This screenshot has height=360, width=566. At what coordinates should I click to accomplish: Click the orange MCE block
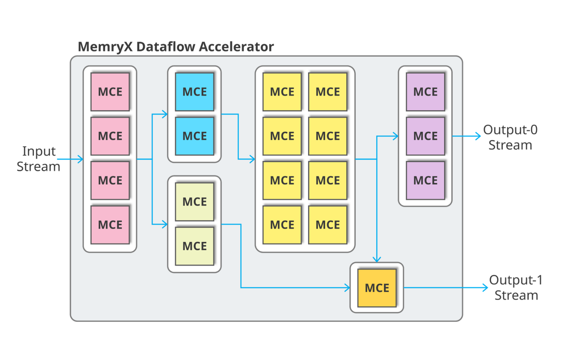point(377,287)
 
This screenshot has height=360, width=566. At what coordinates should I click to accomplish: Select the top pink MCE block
point(110,92)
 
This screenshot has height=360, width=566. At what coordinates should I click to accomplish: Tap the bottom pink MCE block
point(110,225)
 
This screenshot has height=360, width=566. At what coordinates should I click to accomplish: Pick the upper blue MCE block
point(194,92)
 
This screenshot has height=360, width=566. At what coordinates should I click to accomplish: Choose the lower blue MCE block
point(194,136)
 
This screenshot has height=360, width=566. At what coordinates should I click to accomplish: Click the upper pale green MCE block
point(194,202)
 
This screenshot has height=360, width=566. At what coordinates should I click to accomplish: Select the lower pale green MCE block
point(194,246)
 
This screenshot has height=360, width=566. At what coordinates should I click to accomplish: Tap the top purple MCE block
point(425,92)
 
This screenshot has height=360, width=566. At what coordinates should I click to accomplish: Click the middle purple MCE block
point(425,136)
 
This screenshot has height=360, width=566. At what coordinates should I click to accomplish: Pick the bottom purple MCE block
point(425,180)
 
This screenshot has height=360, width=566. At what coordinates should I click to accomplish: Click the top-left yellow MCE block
point(282,92)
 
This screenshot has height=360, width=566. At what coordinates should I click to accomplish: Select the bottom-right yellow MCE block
point(328,225)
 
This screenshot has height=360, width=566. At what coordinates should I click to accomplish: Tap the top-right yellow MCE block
point(328,92)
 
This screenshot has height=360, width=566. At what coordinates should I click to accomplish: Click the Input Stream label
point(39,159)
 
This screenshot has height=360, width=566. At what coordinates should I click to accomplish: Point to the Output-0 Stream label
point(510,137)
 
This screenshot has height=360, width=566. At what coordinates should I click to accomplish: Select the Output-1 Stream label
point(516,288)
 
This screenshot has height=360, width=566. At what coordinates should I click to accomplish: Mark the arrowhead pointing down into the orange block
point(376,259)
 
